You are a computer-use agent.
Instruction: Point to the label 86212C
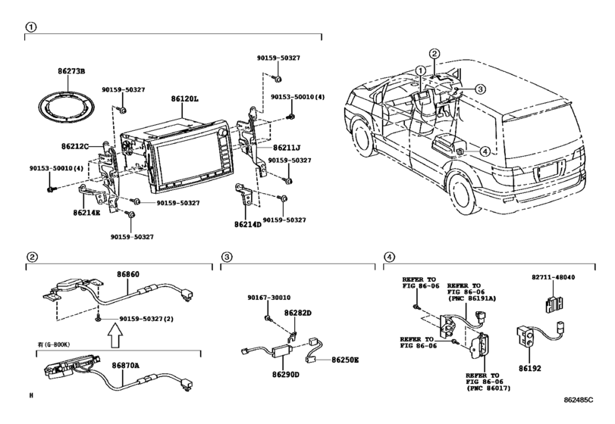(x=76, y=145)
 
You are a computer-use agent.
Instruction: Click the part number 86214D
(x=247, y=224)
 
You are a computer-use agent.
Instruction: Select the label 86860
(x=127, y=275)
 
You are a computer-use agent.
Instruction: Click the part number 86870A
(x=126, y=365)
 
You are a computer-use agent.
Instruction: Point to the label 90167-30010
(x=270, y=298)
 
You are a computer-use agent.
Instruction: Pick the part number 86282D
(x=298, y=312)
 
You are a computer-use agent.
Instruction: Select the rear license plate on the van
(x=547, y=172)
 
